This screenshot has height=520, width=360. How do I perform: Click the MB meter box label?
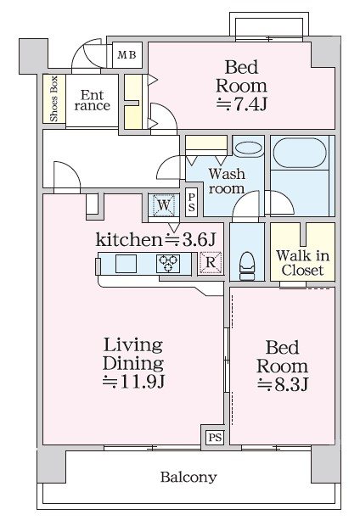coord(127,56)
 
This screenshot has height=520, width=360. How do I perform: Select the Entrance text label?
coord(91,101)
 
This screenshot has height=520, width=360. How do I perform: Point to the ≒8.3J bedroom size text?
coord(282,384)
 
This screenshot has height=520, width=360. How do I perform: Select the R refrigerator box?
coord(210,263)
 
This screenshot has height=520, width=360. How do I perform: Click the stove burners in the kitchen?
coord(167,264)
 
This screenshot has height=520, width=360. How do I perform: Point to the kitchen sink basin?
coord(126,264)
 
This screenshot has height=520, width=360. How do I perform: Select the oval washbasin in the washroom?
coord(248,148)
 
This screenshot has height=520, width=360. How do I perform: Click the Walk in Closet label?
coord(302,262)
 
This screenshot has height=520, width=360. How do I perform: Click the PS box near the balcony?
coord(214,438)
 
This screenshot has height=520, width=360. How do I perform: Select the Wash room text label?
coord(227,182)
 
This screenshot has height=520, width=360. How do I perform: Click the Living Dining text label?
coord(133,353)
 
